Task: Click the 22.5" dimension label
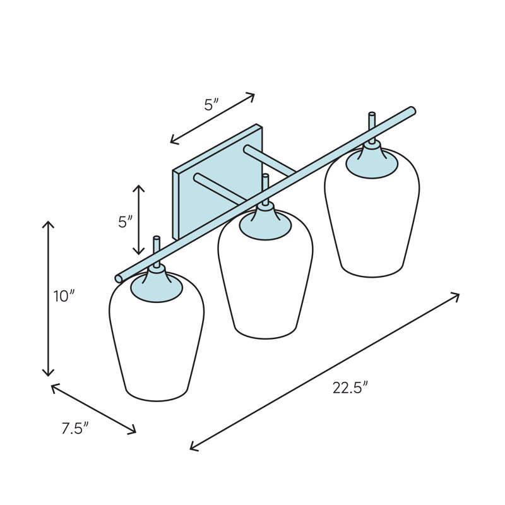point(350,388)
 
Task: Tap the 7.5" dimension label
point(75,429)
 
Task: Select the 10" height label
point(64,296)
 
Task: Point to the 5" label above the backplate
point(211,105)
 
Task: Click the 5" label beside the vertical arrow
point(126,222)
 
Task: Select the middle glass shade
point(265,277)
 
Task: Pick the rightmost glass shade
point(372,216)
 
